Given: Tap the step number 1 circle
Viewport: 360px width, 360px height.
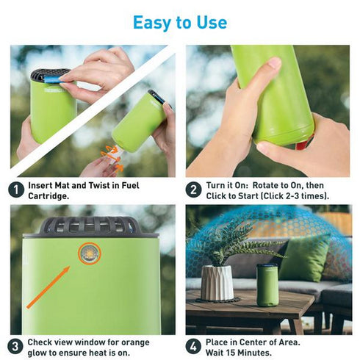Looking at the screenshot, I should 15,190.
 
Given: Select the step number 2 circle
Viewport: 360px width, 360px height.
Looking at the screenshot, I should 193,190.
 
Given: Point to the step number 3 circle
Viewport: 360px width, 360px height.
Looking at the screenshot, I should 15,346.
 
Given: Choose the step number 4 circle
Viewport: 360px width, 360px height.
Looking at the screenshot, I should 193,346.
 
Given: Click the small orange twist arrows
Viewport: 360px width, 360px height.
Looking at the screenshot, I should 110,155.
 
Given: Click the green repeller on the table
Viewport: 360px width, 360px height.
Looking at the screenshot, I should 267,285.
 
